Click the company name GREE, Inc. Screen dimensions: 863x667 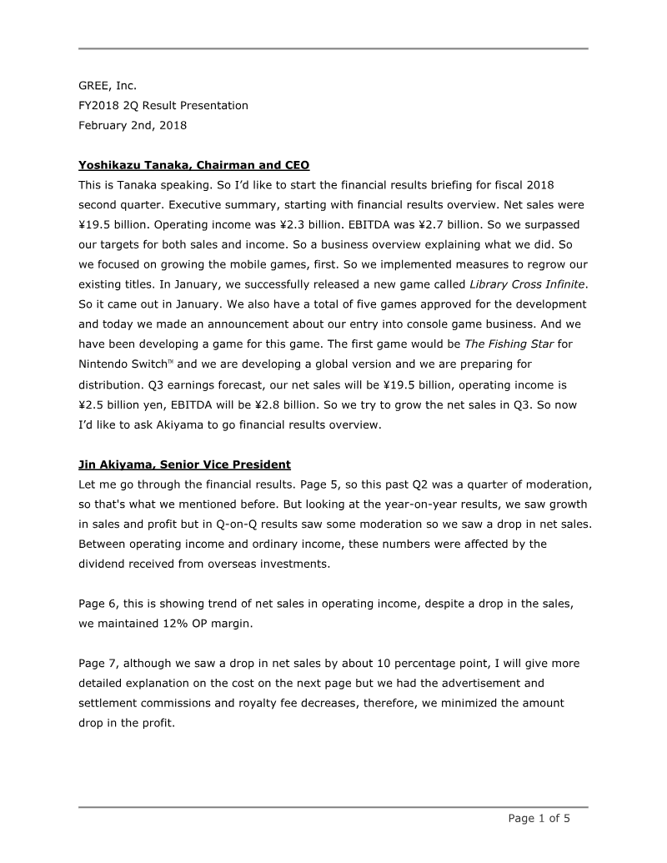[x=108, y=85]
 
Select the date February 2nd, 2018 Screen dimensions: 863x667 [x=133, y=126]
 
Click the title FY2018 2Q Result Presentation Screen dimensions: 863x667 [x=163, y=106]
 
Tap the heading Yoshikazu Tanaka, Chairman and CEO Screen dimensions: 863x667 [x=193, y=165]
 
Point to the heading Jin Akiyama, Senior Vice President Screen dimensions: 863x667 [x=184, y=464]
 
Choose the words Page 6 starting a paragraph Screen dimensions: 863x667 [x=98, y=603]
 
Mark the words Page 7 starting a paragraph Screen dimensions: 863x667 [x=98, y=663]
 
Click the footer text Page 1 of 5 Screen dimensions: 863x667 [x=539, y=818]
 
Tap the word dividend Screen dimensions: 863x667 [x=104, y=564]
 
